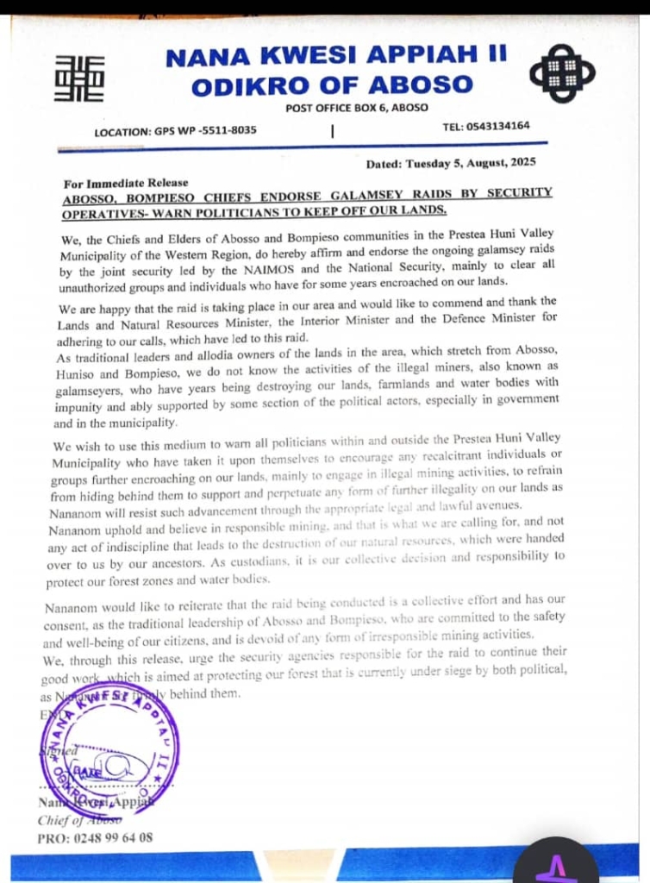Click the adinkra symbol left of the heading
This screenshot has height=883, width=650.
[79, 78]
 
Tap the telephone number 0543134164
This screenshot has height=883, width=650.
[498, 126]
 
